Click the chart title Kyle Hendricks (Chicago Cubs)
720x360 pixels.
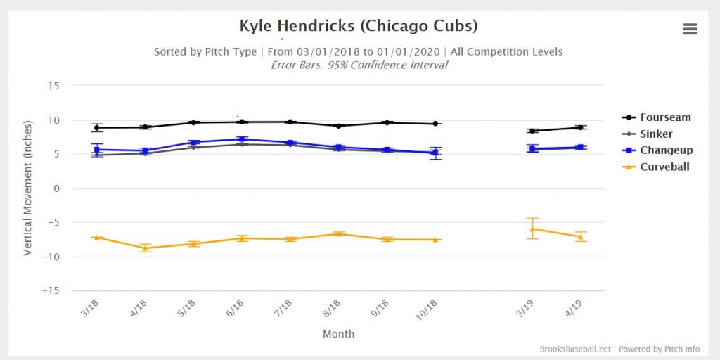point(359,26)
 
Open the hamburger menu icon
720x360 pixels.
point(690,28)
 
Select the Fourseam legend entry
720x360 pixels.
point(657,117)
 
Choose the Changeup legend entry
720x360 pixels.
point(657,150)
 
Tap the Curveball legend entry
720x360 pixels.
point(657,167)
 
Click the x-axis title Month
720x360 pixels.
point(338,334)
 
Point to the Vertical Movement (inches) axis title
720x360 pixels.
point(28,188)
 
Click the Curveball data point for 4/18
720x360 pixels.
point(145,248)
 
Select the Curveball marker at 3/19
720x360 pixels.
point(533,229)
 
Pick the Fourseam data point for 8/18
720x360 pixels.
point(339,126)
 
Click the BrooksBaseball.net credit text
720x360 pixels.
point(576,349)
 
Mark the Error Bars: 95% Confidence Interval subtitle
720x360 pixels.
point(359,65)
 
